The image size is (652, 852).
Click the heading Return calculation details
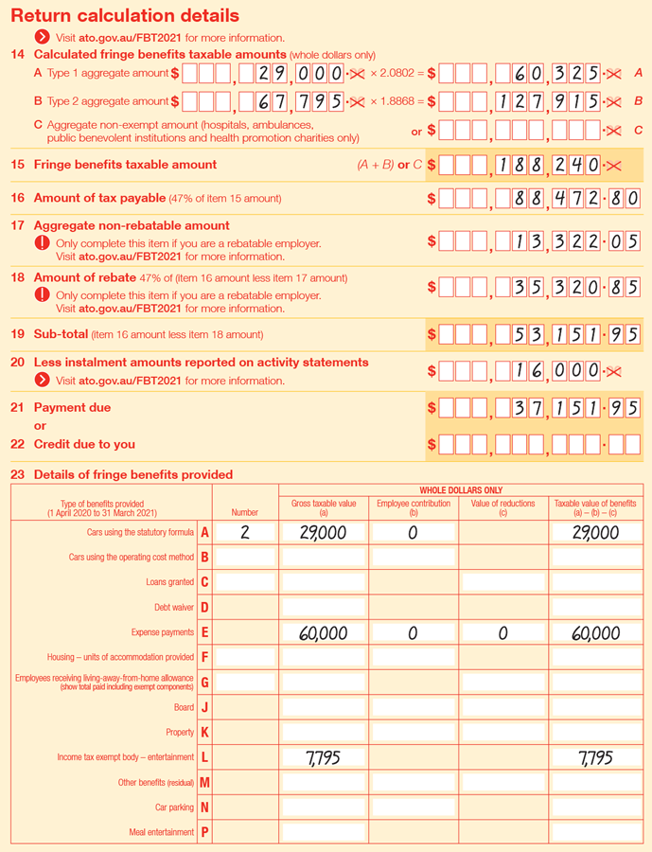125,16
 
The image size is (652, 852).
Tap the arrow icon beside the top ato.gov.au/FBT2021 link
43,37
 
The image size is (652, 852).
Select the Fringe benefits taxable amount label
125,165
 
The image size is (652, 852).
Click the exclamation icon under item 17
43,243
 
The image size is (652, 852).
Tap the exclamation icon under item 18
43,294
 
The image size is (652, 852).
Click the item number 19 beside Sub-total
17,334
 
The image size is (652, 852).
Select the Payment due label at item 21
72,408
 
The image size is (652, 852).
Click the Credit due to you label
84,444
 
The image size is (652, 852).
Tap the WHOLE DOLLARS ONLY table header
460,490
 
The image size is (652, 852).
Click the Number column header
244,512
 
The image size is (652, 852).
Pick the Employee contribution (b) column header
413,508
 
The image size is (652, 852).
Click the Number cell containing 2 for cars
244,533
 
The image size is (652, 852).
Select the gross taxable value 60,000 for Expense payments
323,633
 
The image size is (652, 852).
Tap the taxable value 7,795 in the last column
594,758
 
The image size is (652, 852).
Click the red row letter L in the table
204,757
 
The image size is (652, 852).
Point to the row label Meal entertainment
162,832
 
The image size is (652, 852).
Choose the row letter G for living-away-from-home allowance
204,682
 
